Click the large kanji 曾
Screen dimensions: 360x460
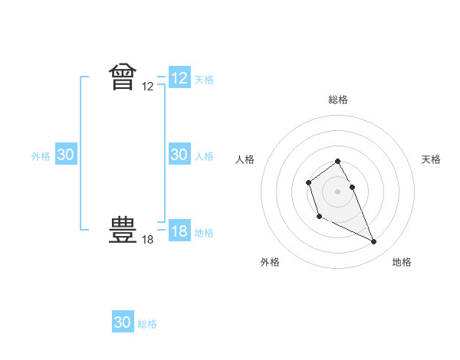tap(123, 77)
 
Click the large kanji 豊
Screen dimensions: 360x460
tap(123, 230)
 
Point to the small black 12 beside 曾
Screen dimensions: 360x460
tap(148, 87)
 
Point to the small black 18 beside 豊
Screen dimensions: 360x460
tap(148, 240)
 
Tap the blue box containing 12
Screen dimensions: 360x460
tap(179, 78)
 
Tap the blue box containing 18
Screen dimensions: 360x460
tap(179, 231)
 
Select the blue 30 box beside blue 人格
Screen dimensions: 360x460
tap(179, 155)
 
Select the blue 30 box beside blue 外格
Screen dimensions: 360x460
tap(65, 155)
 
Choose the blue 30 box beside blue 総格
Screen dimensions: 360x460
tap(123, 322)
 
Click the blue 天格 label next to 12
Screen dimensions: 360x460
tap(204, 80)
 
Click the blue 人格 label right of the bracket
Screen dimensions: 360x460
tap(204, 156)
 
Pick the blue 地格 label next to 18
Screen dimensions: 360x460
tap(204, 233)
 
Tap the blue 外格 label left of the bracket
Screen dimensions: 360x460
tap(41, 156)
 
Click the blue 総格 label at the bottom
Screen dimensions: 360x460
tap(147, 324)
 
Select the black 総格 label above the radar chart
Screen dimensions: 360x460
tap(338, 100)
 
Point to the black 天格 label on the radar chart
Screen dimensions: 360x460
tap(431, 159)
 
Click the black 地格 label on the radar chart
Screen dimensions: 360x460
tap(402, 262)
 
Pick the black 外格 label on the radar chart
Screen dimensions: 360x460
tap(270, 262)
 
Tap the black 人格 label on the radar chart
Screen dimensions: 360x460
tap(245, 159)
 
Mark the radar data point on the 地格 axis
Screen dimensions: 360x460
tap(374, 242)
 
